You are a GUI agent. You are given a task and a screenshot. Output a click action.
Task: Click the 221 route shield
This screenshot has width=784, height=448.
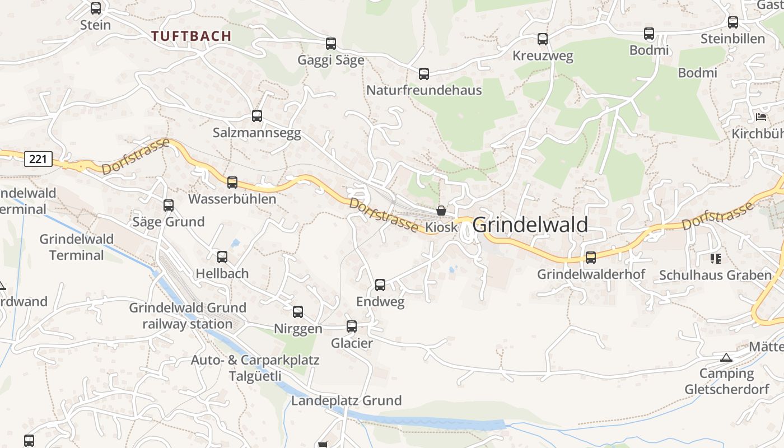38,159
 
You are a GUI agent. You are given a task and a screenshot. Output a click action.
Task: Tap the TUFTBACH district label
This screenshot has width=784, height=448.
191,36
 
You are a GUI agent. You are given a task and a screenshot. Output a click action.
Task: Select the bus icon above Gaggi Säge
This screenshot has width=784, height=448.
331,44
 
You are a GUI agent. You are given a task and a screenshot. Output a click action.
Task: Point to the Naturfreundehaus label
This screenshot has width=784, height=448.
424,90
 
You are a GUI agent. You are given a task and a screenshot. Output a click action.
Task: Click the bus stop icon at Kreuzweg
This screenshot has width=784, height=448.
543,39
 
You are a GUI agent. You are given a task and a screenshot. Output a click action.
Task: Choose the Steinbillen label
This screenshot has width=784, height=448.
732,39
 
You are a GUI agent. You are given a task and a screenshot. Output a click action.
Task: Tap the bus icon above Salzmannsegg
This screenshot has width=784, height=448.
257,116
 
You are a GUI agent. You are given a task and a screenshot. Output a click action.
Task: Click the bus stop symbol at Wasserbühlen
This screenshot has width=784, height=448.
232,182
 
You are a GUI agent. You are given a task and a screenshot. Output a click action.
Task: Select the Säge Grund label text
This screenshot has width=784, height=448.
169,222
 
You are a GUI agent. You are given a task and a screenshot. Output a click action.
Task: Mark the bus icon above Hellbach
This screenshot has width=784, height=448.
222,257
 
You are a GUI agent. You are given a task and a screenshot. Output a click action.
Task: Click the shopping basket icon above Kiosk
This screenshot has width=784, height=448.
441,211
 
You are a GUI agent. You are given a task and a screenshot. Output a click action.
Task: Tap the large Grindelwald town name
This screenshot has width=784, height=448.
530,225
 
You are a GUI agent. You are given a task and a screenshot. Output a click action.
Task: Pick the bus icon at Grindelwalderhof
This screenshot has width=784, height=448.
591,258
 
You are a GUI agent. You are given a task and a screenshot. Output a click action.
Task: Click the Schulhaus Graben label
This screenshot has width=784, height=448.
715,275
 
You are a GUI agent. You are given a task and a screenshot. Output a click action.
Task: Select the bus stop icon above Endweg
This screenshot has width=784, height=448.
380,285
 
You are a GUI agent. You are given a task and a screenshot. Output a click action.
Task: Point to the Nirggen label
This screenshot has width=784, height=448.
298,329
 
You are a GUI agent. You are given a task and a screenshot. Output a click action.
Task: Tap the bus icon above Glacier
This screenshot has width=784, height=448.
352,326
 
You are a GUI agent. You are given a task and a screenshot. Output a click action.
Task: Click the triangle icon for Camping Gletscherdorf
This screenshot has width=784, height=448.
726,357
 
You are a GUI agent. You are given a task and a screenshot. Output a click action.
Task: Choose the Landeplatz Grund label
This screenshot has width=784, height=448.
346,401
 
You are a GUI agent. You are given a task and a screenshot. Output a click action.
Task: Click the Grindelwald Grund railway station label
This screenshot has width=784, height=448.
188,316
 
